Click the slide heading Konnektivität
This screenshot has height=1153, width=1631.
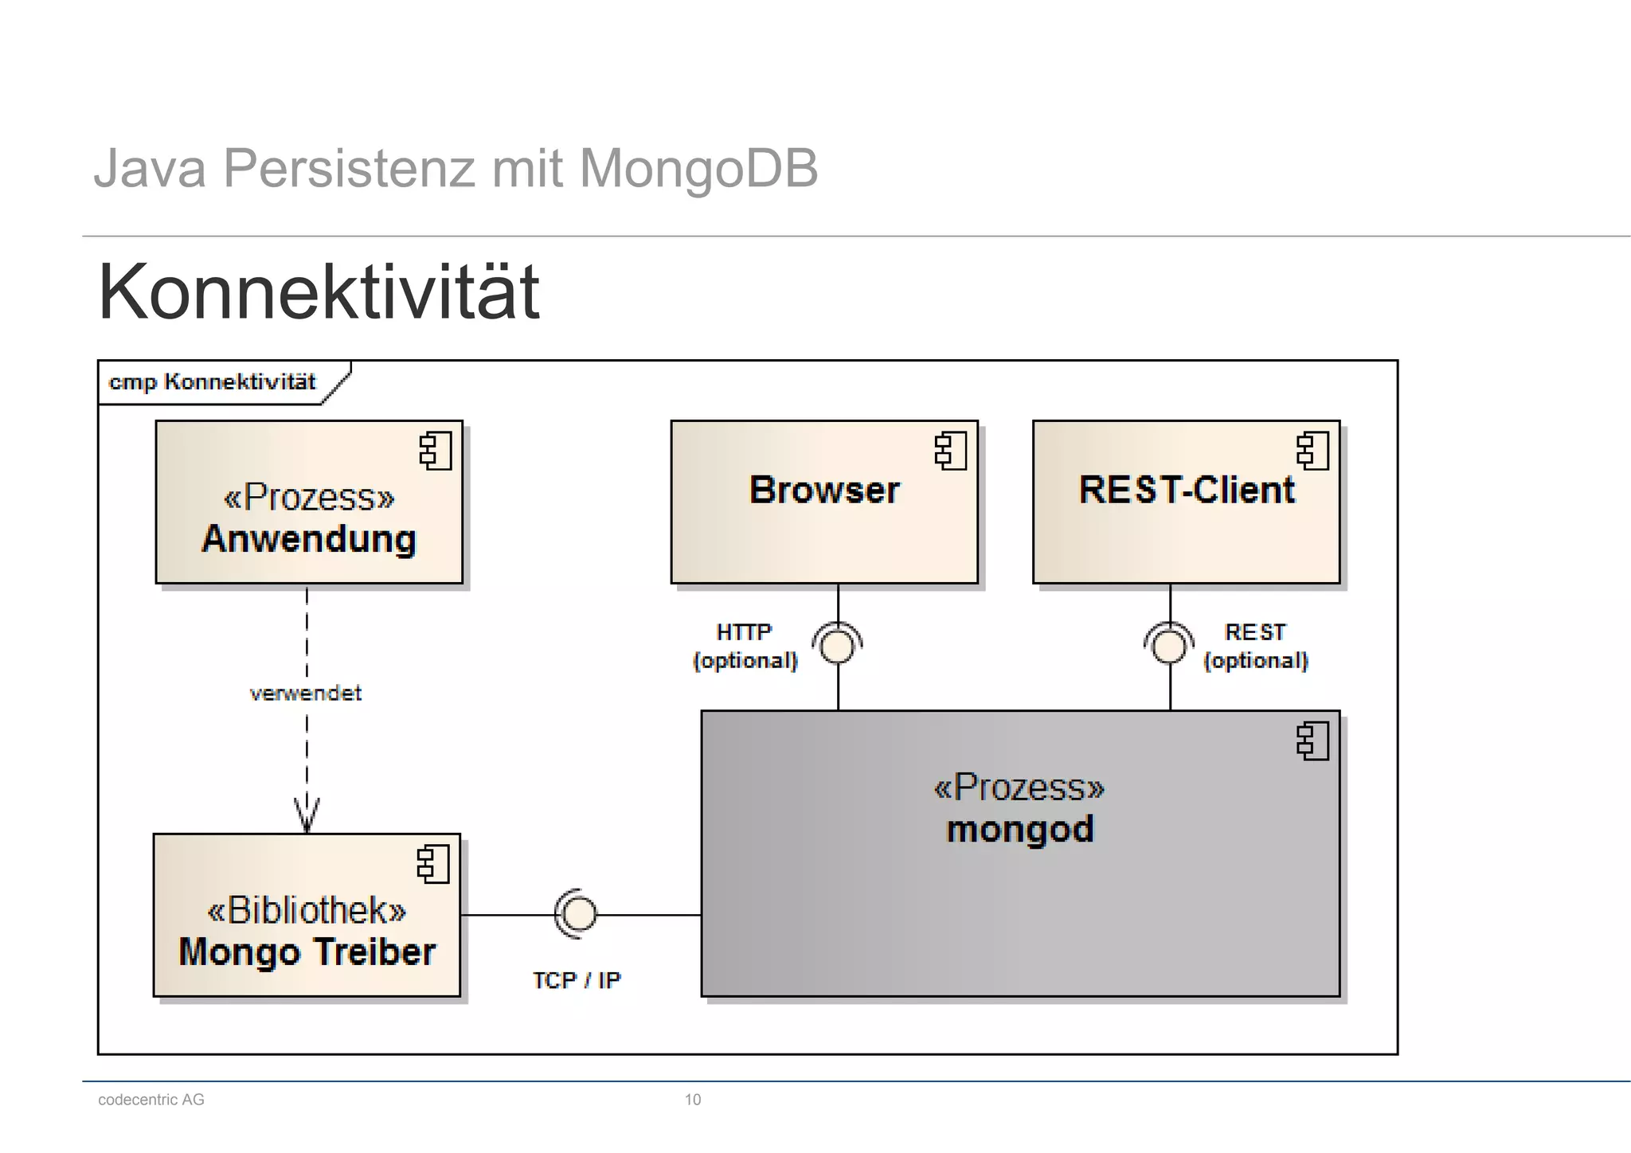pos(319,292)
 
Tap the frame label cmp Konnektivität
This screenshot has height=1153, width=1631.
pos(212,382)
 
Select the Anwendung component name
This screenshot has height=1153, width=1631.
pos(309,539)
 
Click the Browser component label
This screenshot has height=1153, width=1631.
pos(824,490)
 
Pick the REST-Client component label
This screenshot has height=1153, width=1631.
pos(1187,490)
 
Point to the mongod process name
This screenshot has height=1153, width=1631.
pos(1020,830)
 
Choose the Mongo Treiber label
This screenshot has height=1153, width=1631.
pos(307,952)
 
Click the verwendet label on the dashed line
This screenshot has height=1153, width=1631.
pos(306,694)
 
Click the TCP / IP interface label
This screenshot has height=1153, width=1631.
pos(577,980)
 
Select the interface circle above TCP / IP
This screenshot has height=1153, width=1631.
pos(578,914)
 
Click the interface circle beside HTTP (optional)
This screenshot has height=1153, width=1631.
pos(838,646)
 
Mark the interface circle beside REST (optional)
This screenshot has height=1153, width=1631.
pos(1169,646)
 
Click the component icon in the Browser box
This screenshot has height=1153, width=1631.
pos(951,451)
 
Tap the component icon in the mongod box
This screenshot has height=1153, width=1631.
pos(1312,741)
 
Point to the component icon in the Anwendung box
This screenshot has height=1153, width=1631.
pos(436,451)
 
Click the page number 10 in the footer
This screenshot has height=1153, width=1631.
pos(693,1100)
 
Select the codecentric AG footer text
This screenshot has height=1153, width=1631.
pos(151,1100)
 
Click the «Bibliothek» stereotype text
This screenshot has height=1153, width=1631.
pos(307,910)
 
